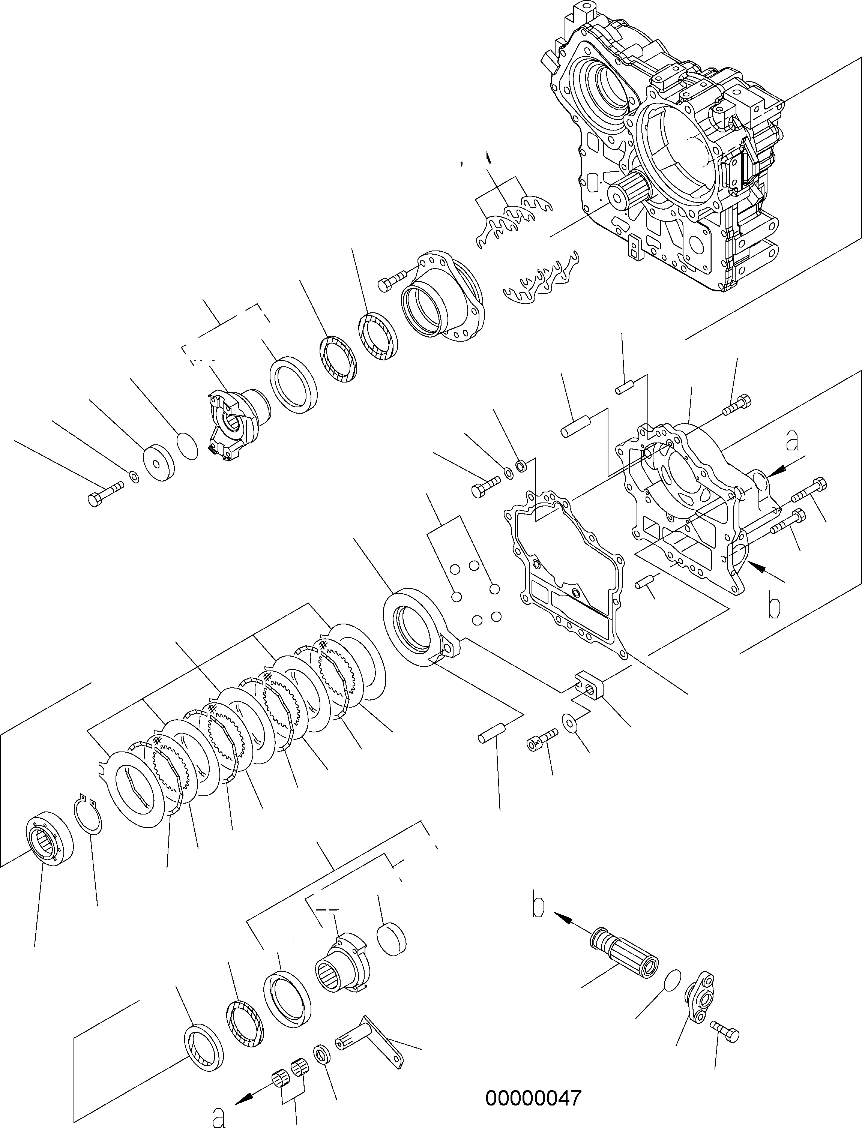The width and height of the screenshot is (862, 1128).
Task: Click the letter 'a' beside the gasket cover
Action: coord(793,441)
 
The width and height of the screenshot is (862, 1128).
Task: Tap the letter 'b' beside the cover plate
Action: coord(774,606)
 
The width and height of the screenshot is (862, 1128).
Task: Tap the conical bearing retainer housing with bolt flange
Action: coord(441,297)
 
